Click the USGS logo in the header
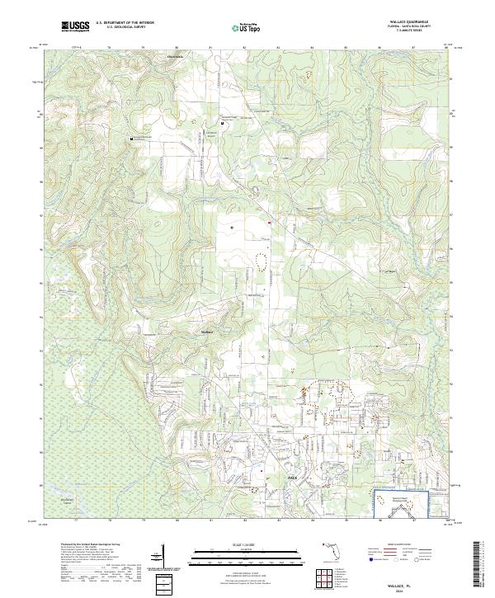click(76, 27)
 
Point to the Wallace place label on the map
click(207, 332)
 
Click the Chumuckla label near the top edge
click(176, 57)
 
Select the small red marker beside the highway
click(269, 221)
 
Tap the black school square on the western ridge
click(130, 140)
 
